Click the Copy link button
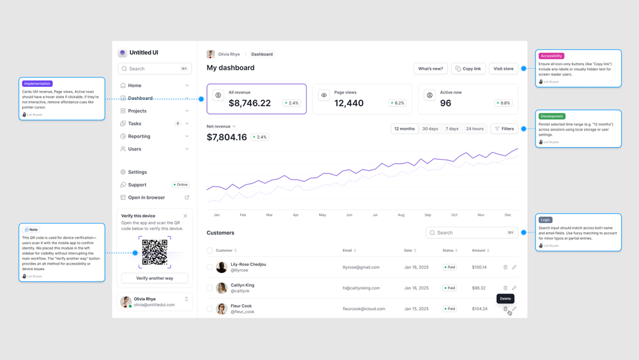click(468, 68)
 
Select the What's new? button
click(431, 68)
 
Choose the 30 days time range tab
click(430, 129)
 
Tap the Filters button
click(504, 129)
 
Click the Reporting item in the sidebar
click(139, 136)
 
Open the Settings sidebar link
click(137, 172)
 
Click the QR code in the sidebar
click(155, 253)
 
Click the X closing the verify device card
click(185, 216)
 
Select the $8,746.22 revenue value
click(250, 103)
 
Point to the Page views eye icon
click(324, 95)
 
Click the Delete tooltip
click(505, 299)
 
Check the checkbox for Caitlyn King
click(210, 288)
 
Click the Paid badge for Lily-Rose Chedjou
click(450, 267)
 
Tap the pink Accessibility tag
click(551, 56)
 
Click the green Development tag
click(551, 116)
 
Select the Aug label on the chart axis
click(401, 215)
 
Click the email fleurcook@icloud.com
click(364, 309)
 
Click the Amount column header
click(479, 251)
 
